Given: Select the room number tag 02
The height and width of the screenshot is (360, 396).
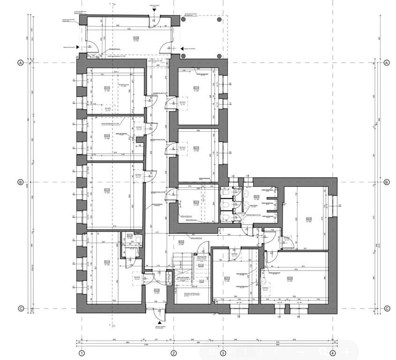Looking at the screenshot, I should point(107,88).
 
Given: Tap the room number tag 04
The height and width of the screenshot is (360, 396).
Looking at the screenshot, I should point(107,189).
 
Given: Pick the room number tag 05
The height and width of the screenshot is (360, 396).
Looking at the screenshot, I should point(107,262).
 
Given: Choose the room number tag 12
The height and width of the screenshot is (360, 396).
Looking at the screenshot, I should point(309,218).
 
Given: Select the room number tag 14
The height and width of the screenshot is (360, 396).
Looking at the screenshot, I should point(196,202).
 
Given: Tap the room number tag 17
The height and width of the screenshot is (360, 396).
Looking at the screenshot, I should point(181,242).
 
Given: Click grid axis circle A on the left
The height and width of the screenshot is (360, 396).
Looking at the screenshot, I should point(20,62).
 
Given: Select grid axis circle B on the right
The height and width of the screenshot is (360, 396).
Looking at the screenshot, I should point(387,182).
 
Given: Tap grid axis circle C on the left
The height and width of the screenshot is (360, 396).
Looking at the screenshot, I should point(20,308).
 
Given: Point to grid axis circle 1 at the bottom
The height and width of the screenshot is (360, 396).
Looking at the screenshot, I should point(82,353).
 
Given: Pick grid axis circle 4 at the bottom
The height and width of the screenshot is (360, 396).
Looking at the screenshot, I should point(332,353).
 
